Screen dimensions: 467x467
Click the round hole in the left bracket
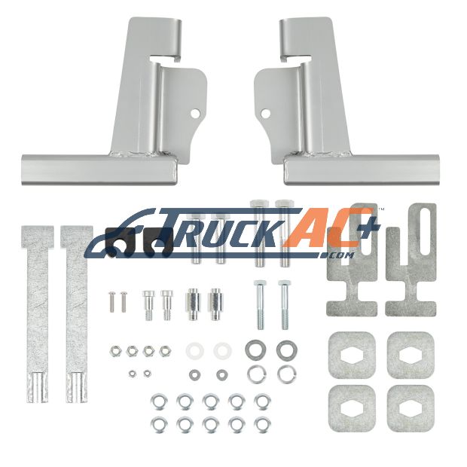click(195, 113)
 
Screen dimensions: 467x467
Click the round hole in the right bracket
click(265, 113)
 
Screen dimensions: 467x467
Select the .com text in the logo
click(339, 255)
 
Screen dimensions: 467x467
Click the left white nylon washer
click(195, 350)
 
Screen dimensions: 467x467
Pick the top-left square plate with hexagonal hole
click(352, 356)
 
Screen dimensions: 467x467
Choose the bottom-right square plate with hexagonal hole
click(411, 408)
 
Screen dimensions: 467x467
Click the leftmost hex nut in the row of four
click(115, 352)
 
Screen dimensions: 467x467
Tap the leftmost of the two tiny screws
click(111, 302)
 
